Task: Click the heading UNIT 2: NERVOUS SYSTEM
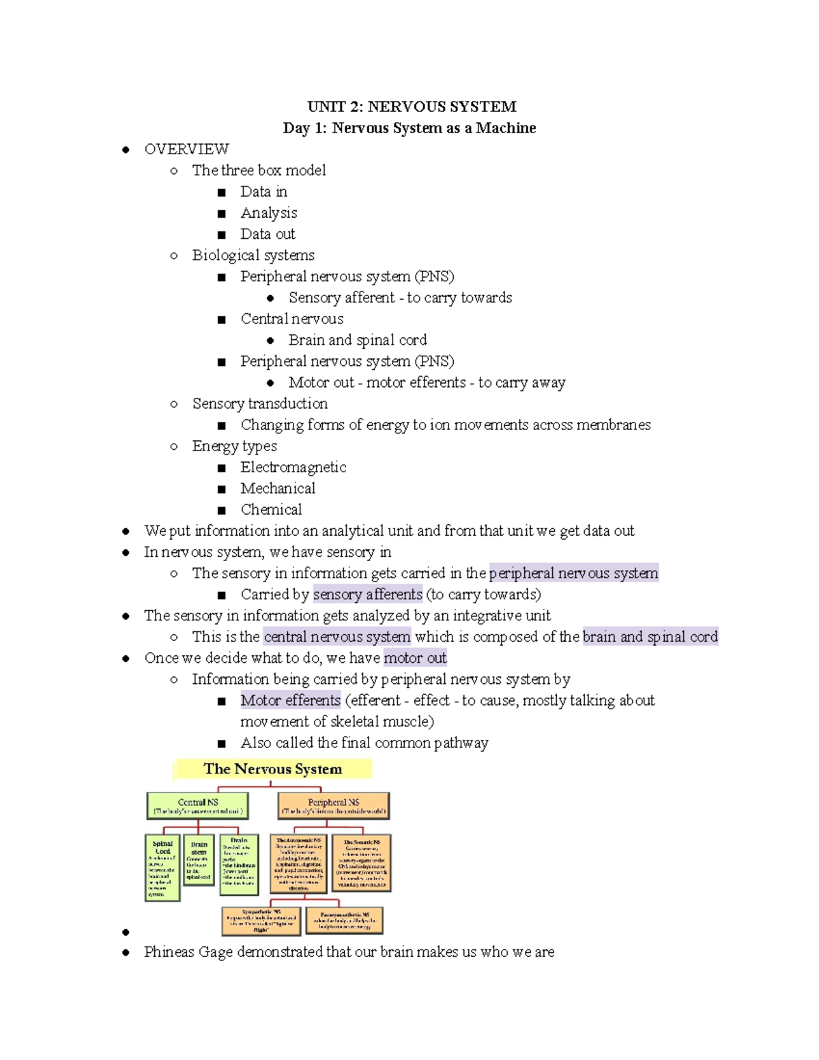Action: tap(412, 106)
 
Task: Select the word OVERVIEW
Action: tap(186, 149)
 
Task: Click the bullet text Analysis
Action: tap(268, 213)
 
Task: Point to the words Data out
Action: tap(268, 234)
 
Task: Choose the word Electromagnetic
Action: tap(293, 468)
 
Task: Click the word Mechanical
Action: tap(278, 489)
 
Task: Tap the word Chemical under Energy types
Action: tap(271, 510)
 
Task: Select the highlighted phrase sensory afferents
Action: tap(368, 595)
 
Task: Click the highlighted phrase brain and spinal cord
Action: tap(650, 637)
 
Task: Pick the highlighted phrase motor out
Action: tap(415, 658)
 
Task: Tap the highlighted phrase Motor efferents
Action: tap(290, 700)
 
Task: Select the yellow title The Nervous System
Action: tap(272, 769)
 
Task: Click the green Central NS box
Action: tap(197, 805)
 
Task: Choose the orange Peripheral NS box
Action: tap(334, 805)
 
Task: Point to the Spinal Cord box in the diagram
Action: tap(162, 868)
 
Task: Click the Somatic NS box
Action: tap(362, 863)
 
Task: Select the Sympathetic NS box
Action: tap(261, 920)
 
